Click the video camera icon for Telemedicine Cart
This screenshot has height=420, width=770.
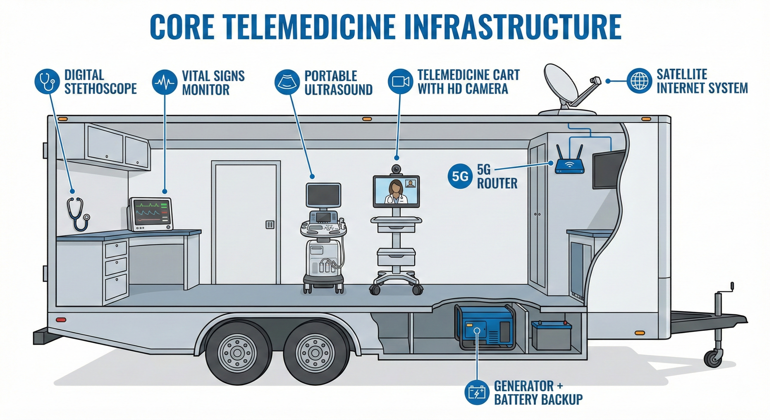400,81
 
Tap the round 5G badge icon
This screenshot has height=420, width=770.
460,177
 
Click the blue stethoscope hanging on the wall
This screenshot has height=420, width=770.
77,214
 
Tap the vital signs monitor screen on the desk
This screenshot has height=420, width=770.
151,213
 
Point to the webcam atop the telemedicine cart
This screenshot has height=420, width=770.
396,170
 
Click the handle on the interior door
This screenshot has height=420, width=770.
269,224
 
